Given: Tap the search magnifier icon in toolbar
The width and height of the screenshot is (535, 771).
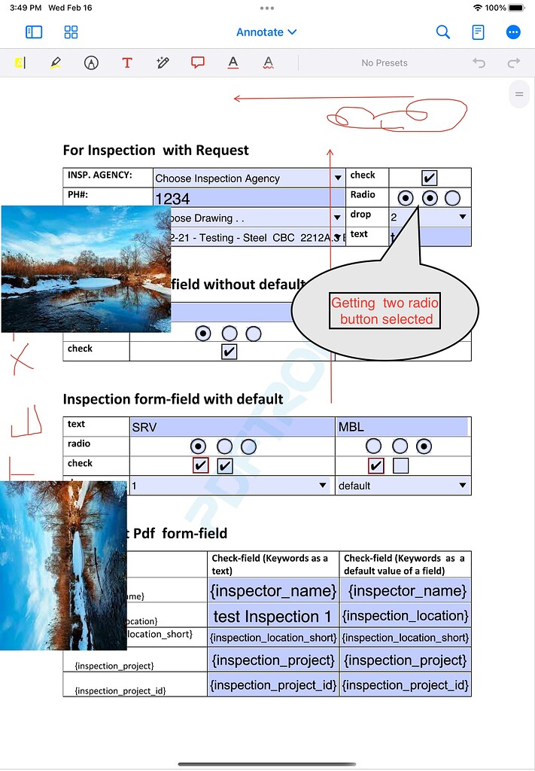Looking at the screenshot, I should click(443, 32).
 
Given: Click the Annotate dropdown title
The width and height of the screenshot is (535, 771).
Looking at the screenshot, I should click(266, 32).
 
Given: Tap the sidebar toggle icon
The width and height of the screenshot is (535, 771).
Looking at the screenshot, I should click(34, 32).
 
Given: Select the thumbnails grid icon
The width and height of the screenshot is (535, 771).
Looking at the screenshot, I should click(71, 32).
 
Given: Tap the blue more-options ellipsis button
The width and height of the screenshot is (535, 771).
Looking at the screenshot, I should click(513, 32).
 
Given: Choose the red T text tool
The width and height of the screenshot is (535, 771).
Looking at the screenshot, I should click(126, 63).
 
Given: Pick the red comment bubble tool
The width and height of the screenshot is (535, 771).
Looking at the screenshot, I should click(198, 63).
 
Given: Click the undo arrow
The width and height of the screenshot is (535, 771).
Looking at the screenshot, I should click(479, 63).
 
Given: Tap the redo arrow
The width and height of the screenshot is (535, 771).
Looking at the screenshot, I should click(514, 63).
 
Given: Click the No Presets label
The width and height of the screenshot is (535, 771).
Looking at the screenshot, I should click(384, 63).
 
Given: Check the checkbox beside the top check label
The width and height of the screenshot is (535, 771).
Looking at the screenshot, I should click(429, 178).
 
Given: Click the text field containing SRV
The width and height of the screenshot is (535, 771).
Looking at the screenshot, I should click(232, 427).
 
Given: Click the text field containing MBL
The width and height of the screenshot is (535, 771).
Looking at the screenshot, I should click(402, 427).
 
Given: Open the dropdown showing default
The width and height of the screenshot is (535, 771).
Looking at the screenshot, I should click(402, 486).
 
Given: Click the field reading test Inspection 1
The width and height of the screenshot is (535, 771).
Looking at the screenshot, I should click(272, 616).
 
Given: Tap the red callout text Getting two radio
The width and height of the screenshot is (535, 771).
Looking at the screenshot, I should click(385, 303).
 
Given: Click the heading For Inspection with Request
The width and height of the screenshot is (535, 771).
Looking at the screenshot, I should click(156, 150).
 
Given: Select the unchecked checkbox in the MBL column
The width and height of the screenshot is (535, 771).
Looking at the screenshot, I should click(400, 466).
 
